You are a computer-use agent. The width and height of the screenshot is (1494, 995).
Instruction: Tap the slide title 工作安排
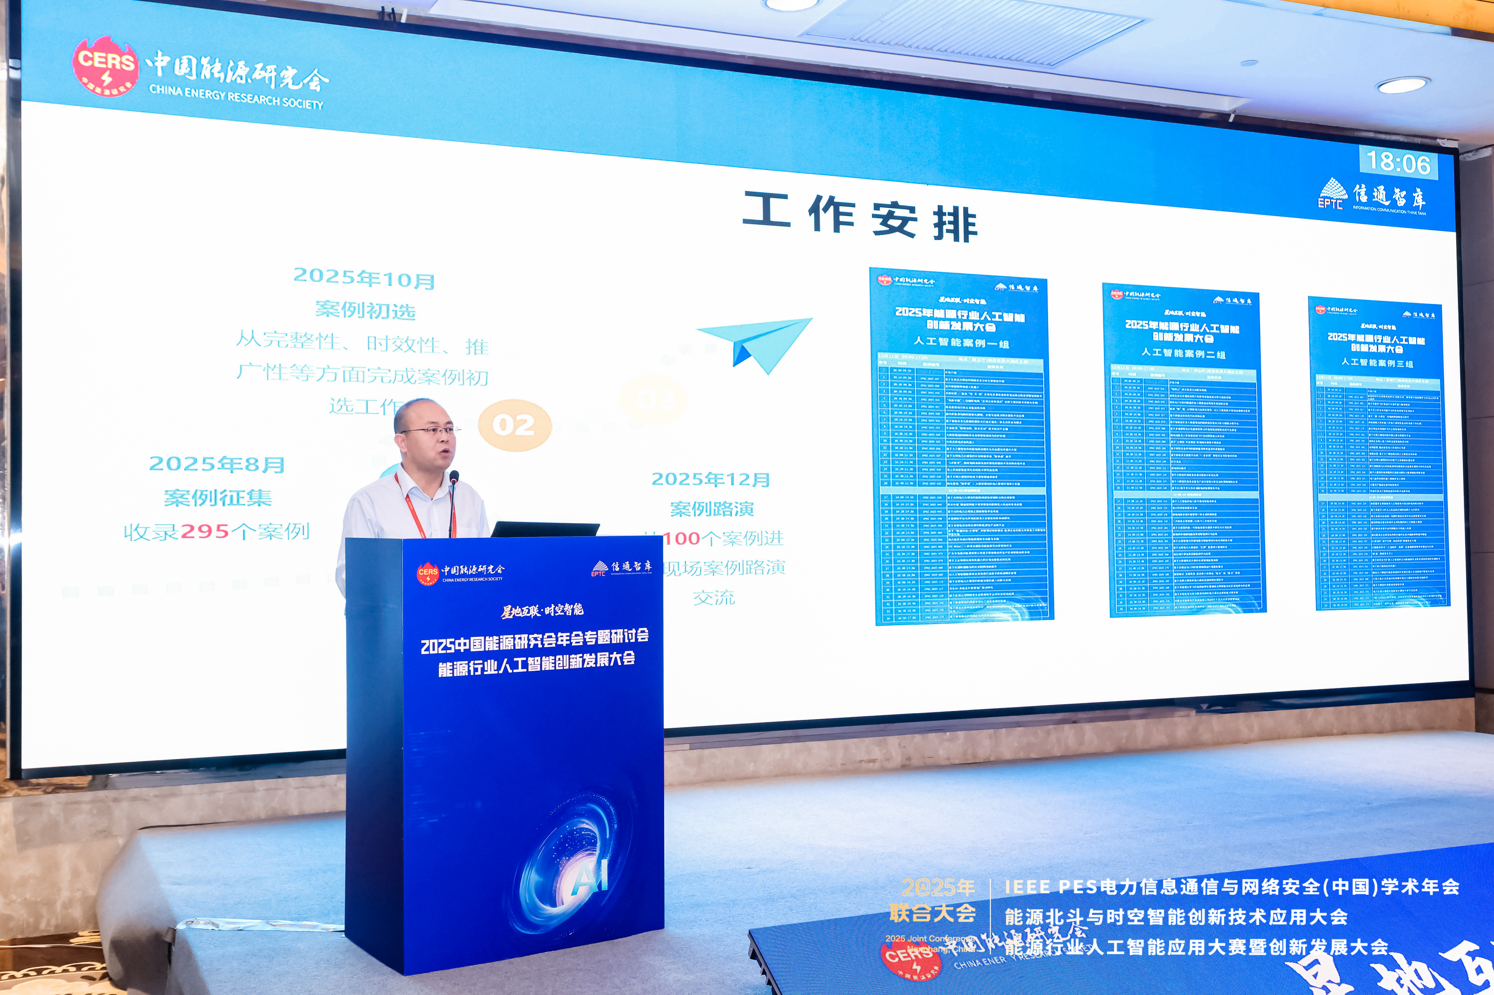point(860,217)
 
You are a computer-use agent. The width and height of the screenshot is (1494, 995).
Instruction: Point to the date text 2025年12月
point(710,479)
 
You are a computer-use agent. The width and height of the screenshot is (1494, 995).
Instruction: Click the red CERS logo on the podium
point(427,573)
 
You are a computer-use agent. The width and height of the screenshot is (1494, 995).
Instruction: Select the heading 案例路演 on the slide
point(712,509)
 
